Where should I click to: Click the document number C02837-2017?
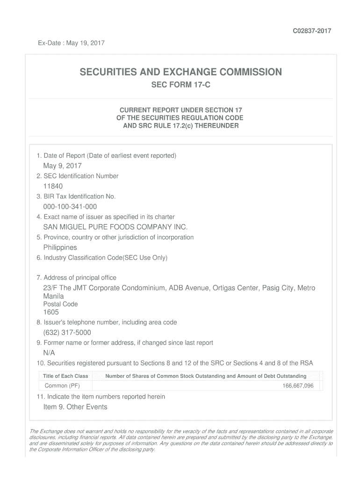pyautogui.click(x=312, y=31)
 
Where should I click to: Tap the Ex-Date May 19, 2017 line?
pyautogui.click(x=71, y=44)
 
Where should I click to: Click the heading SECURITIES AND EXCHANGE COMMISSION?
pyautogui.click(x=180, y=72)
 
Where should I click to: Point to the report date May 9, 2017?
pyautogui.click(x=62, y=166)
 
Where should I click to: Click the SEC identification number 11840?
pyautogui.click(x=53, y=186)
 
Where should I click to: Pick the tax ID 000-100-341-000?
pyautogui.click(x=70, y=207)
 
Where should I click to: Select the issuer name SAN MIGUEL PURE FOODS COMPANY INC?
pyautogui.click(x=115, y=227)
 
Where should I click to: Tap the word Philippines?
pyautogui.click(x=60, y=247)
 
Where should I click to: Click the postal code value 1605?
pyautogui.click(x=51, y=312)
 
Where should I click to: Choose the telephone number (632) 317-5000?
pyautogui.click(x=67, y=333)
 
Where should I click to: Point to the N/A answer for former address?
pyautogui.click(x=49, y=353)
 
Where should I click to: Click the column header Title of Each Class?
pyautogui.click(x=65, y=376)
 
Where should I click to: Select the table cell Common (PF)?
pyautogui.click(x=62, y=386)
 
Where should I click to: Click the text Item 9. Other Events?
pyautogui.click(x=75, y=407)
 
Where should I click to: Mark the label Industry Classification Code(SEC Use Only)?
pyautogui.click(x=102, y=258)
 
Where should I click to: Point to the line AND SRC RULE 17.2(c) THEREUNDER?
pyautogui.click(x=180, y=126)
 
